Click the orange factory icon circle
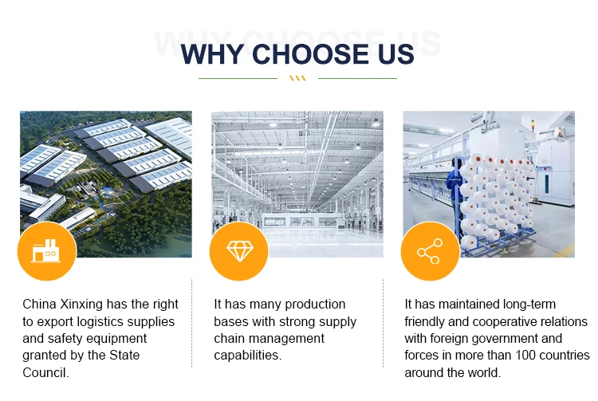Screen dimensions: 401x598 (46, 251)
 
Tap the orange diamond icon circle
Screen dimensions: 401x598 (238, 251)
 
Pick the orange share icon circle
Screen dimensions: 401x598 (429, 251)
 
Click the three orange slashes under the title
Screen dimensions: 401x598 (297, 78)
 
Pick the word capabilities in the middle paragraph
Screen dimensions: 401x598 (247, 356)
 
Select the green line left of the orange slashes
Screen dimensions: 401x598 (238, 78)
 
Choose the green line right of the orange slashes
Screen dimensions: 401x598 (357, 78)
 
